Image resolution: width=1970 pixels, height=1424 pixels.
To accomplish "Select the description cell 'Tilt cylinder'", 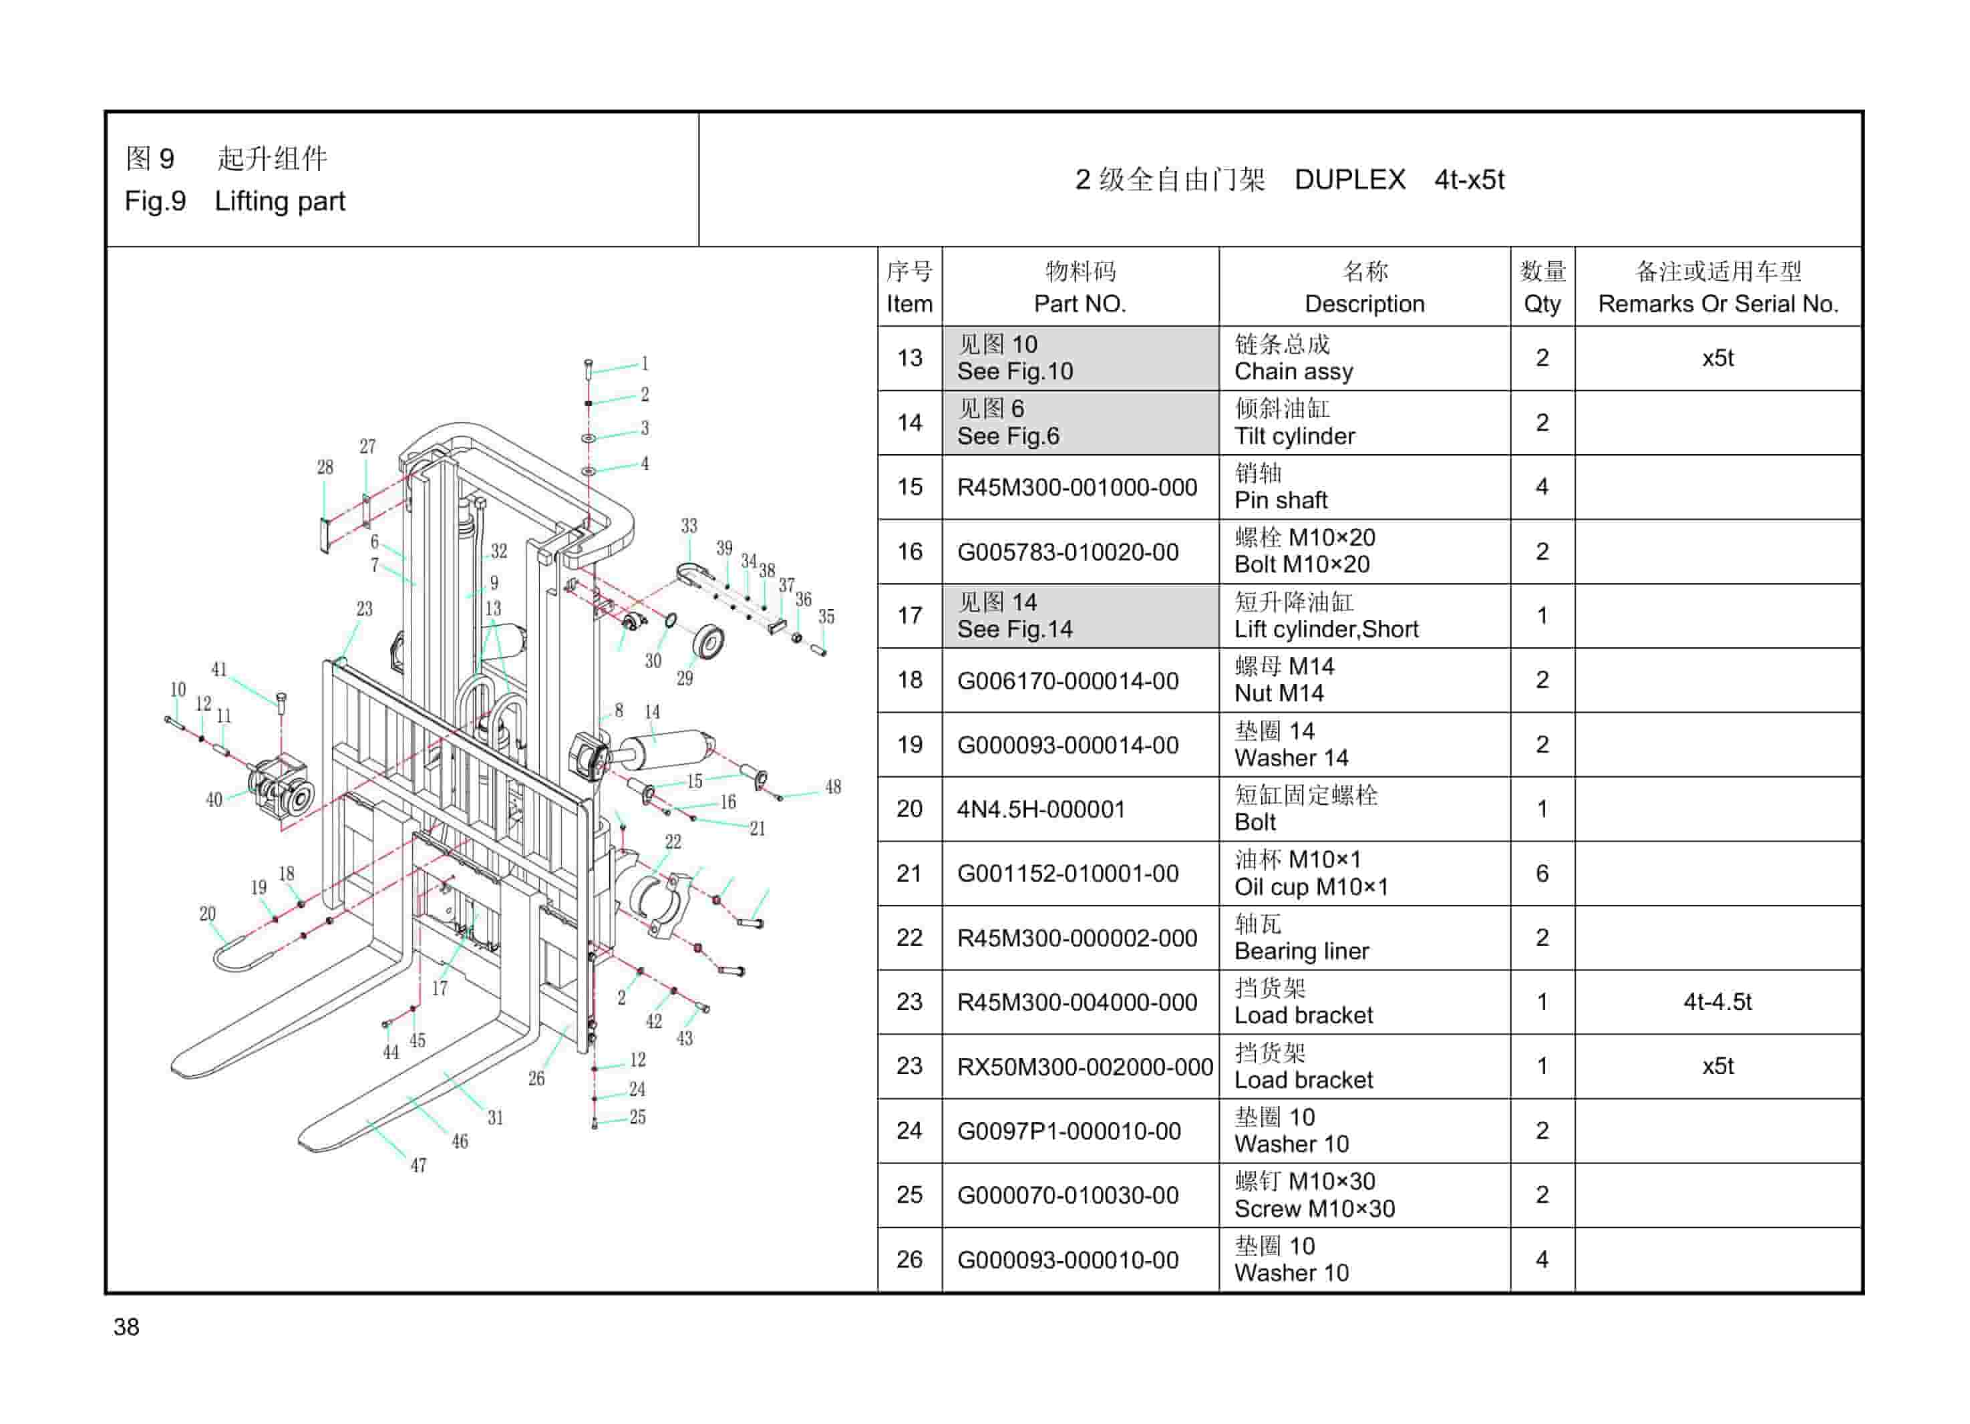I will (1294, 436).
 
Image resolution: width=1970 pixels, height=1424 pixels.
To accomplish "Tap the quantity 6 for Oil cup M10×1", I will (1542, 874).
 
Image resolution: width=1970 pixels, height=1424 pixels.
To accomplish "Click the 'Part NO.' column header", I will (1080, 304).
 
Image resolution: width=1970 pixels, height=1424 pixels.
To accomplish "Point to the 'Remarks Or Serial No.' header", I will (1717, 304).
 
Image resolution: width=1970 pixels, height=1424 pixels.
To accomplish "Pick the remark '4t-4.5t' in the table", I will (1717, 1002).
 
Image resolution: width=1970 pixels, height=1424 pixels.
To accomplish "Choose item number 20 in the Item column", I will (909, 810).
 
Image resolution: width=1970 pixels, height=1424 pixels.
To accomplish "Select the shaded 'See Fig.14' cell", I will (1015, 629).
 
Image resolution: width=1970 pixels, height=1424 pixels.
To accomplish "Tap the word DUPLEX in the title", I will (1349, 180).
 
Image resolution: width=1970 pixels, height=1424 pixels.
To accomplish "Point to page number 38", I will (126, 1326).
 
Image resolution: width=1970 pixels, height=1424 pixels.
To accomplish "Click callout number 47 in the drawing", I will (419, 1166).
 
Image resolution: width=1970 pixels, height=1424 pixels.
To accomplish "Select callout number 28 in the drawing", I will (325, 467).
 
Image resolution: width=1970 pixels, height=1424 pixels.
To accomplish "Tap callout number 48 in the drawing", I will (833, 787).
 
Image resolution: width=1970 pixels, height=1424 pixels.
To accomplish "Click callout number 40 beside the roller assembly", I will (214, 799).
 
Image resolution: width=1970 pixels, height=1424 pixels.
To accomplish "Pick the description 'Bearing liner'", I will (1301, 952).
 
